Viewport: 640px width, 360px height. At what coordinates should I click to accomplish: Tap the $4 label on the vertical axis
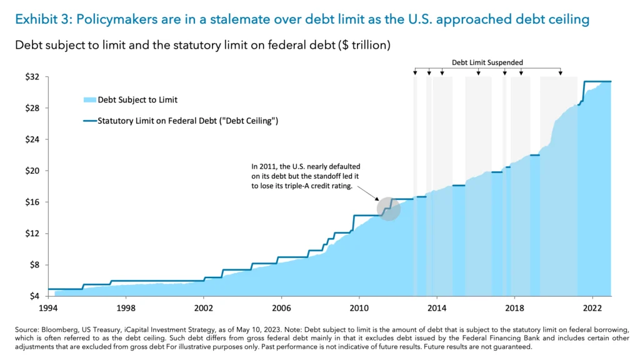point(34,296)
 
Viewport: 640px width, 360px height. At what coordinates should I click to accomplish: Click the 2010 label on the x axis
point(359,308)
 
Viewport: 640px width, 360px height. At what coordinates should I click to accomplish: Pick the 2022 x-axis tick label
point(592,308)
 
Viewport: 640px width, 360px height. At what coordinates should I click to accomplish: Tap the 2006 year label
point(281,308)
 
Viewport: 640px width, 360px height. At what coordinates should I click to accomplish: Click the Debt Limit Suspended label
point(487,62)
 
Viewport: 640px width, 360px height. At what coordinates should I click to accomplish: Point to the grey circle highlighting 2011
point(388,207)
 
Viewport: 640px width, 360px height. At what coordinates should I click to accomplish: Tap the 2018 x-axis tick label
point(514,308)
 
